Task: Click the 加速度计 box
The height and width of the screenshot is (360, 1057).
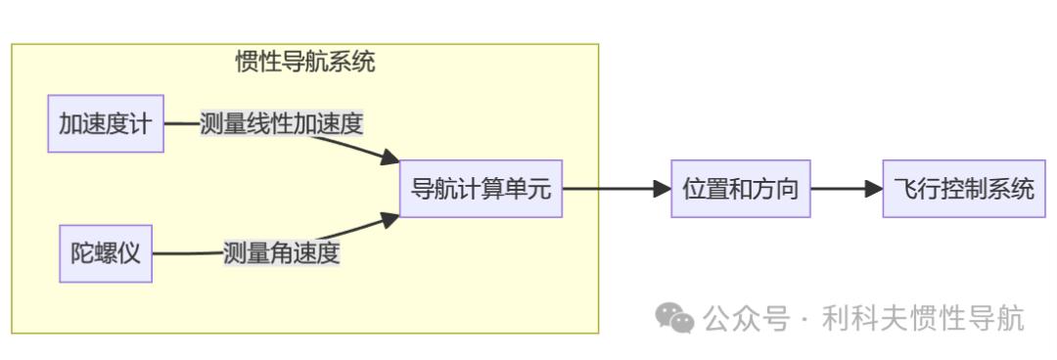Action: (106, 124)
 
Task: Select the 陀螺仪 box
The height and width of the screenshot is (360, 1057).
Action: (106, 254)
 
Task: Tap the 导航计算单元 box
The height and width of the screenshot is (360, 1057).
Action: (481, 189)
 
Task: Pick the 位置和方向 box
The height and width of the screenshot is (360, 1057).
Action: (741, 189)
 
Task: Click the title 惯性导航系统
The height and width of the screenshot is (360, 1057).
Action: (305, 63)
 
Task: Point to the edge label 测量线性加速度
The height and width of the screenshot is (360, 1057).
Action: (282, 124)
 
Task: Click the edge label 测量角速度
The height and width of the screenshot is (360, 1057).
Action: (282, 253)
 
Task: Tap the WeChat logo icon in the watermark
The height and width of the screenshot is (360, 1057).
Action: (674, 317)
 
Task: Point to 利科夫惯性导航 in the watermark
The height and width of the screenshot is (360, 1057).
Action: (923, 318)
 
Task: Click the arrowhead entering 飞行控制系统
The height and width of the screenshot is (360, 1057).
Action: (875, 189)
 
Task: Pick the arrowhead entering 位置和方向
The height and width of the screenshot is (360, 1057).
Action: (663, 189)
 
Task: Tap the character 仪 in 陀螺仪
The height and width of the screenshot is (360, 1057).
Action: (131, 254)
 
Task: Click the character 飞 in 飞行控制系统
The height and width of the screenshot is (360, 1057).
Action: (905, 189)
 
